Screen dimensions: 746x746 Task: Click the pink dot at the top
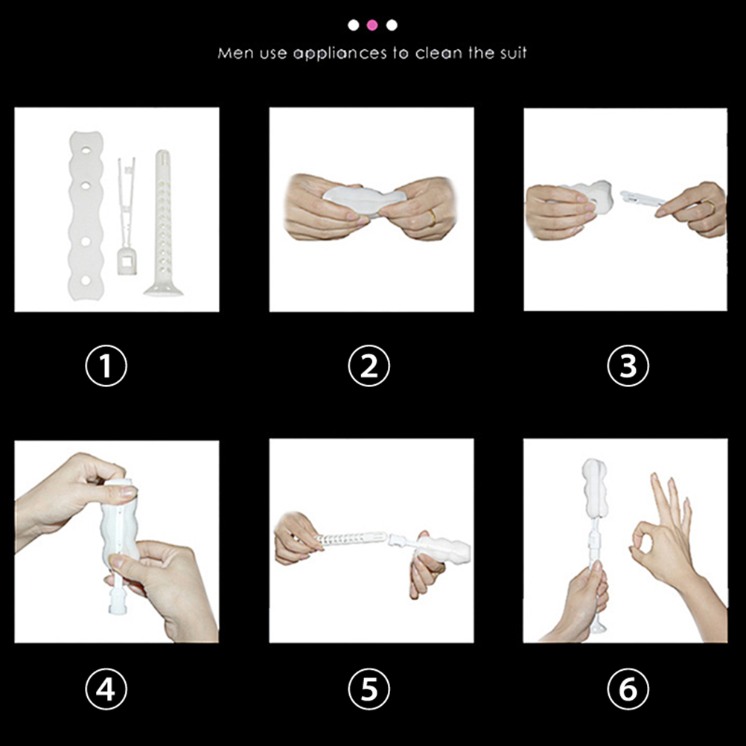point(372,25)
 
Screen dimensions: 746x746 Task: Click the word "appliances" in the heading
point(339,54)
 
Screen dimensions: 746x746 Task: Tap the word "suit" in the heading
point(513,52)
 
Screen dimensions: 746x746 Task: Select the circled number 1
point(106,366)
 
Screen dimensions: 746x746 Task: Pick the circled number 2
point(369,366)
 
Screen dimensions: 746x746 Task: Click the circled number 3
point(628,366)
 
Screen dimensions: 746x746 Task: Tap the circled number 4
point(106,689)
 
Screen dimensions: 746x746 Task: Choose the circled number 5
point(369,689)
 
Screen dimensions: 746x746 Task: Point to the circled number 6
point(628,689)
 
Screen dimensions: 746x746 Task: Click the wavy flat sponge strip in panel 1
point(86,215)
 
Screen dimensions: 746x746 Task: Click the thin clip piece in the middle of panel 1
point(127,217)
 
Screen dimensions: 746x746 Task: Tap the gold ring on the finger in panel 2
point(432,217)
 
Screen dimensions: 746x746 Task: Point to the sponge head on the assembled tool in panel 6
point(595,488)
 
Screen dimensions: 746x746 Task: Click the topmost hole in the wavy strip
point(86,150)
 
